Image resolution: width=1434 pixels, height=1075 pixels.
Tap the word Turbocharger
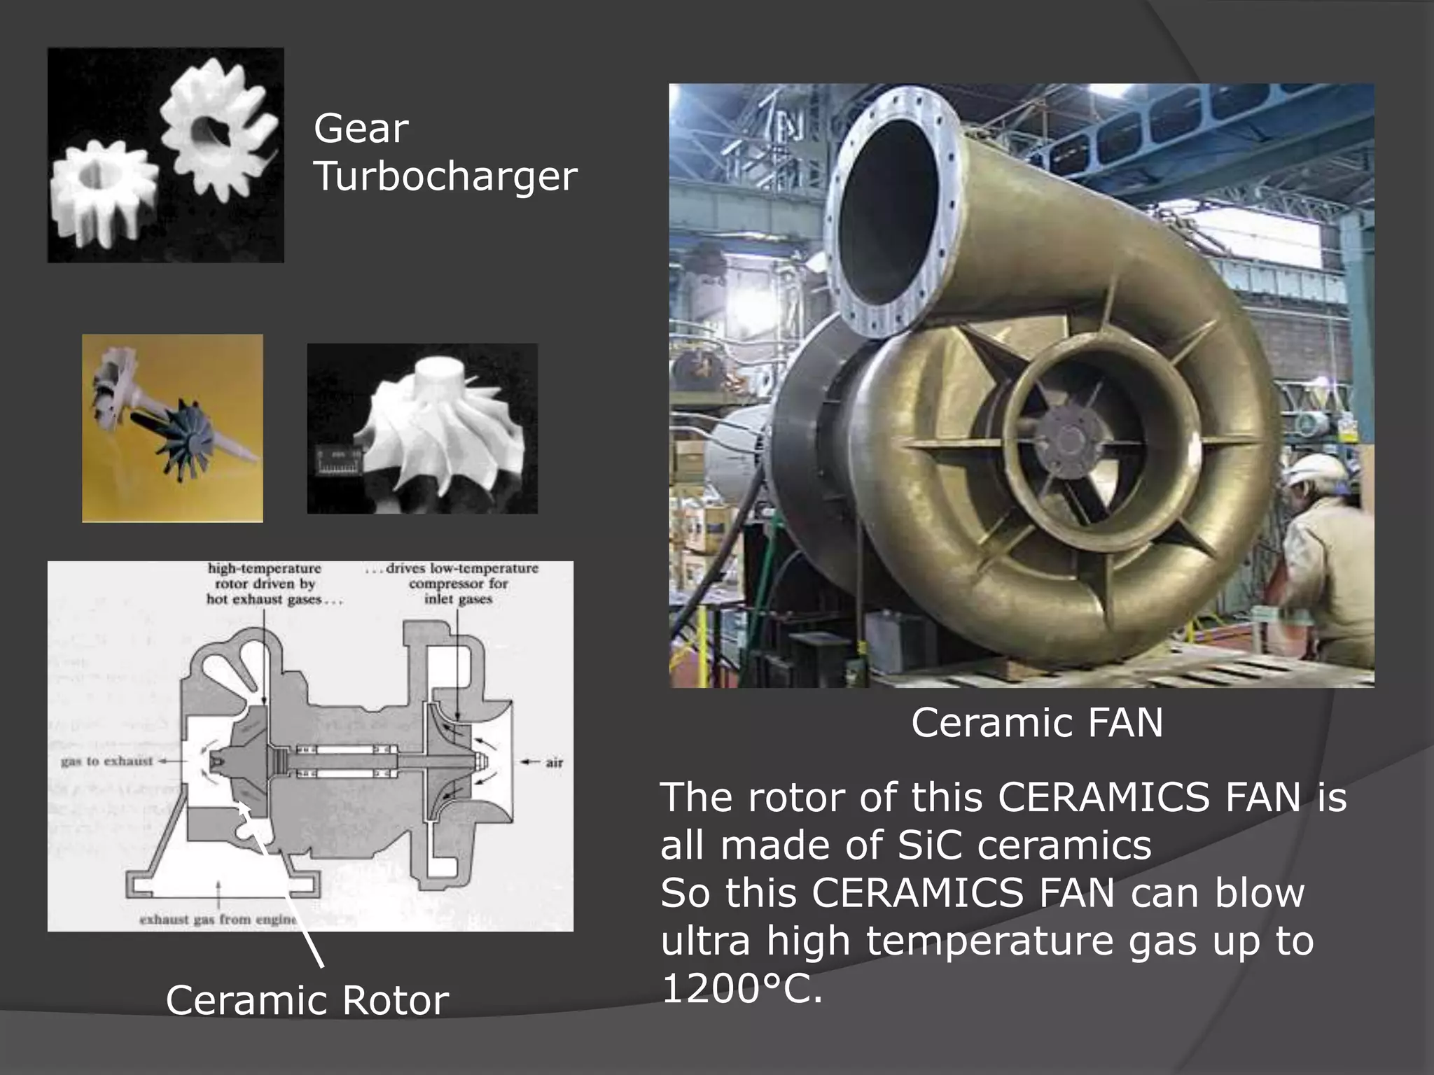[445, 176]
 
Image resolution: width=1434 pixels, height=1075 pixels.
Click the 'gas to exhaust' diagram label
[106, 761]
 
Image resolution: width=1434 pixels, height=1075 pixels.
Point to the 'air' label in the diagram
[554, 762]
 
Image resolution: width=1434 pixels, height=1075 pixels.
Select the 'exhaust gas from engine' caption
[218, 919]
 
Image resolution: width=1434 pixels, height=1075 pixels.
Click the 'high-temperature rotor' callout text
[264, 583]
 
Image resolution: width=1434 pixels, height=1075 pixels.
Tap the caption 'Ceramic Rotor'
[307, 1000]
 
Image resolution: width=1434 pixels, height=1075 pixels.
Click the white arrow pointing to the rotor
[280, 882]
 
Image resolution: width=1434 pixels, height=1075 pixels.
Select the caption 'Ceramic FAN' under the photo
[1036, 722]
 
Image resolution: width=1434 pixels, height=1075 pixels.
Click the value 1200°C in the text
[742, 988]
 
